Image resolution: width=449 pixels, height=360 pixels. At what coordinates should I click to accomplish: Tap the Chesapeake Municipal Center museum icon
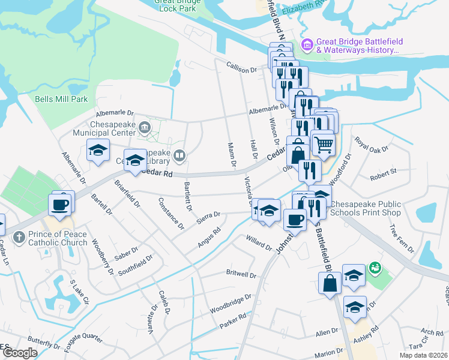tap(145, 127)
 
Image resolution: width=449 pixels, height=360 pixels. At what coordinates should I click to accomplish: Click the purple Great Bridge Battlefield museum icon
tap(308, 44)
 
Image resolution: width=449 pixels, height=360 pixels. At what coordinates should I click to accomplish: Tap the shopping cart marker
tap(323, 144)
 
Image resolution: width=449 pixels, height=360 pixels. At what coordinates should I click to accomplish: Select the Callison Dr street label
tap(241, 69)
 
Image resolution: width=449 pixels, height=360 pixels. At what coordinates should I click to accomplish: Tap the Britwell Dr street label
tap(241, 274)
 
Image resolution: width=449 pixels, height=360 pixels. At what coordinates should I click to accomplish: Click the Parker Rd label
tap(233, 321)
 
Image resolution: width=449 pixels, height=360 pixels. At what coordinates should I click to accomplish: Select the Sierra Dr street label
tap(209, 218)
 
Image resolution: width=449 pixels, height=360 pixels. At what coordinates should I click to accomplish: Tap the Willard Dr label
tap(259, 244)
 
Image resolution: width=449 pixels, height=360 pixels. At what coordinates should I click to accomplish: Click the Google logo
tap(20, 353)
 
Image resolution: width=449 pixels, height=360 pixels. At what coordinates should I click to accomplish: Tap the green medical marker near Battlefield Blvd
tap(376, 266)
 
